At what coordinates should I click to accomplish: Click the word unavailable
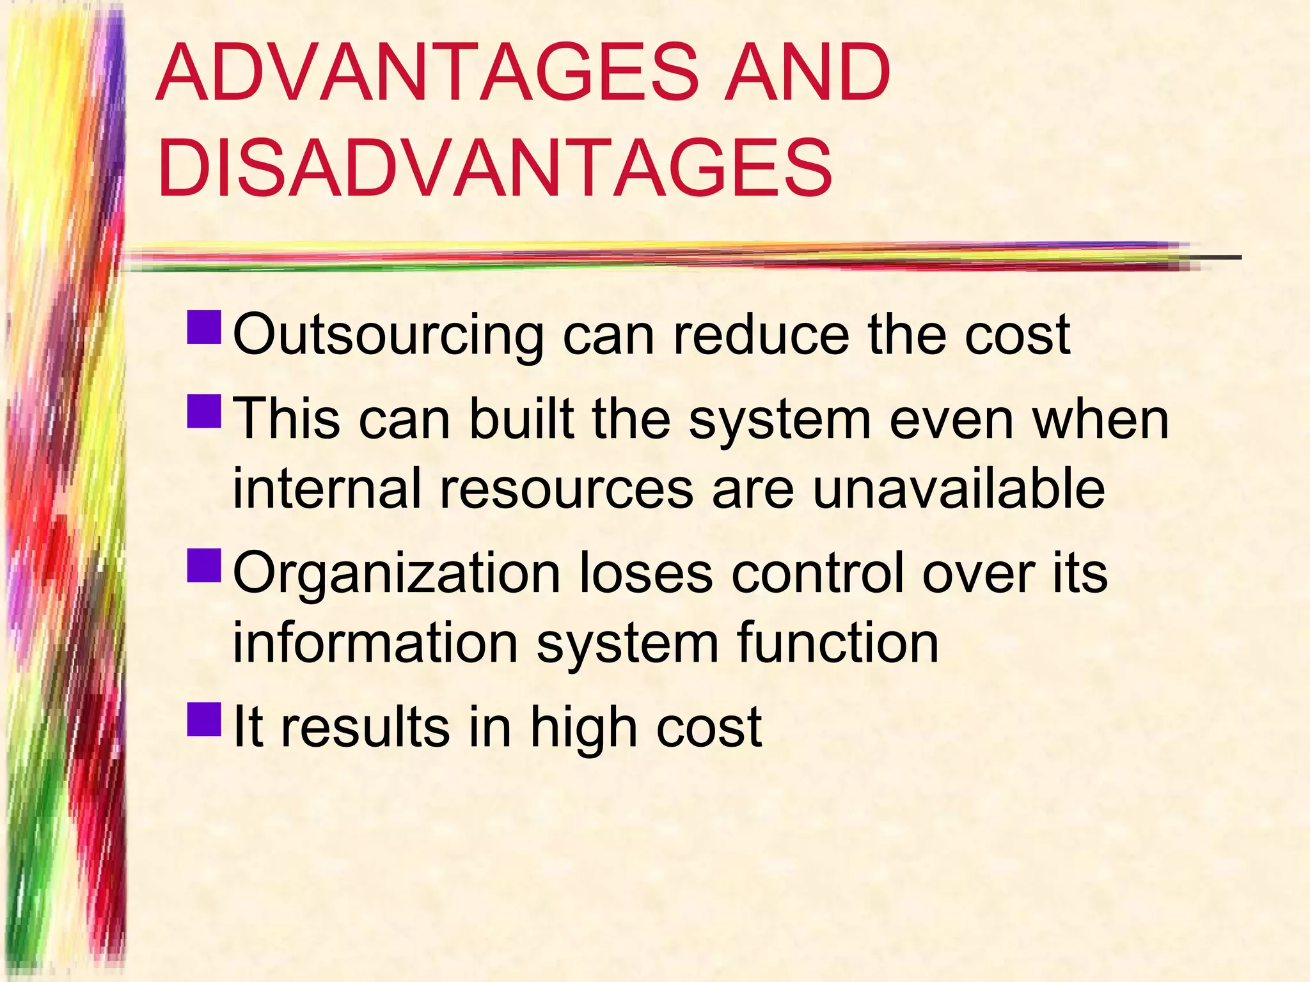[959, 488]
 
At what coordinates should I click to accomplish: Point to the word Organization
[397, 573]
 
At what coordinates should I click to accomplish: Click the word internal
[327, 488]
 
